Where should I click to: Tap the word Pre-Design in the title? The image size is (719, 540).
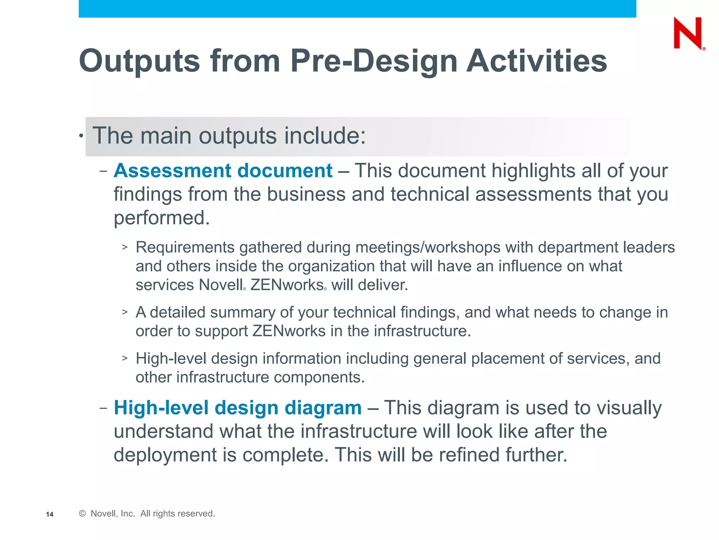click(x=374, y=61)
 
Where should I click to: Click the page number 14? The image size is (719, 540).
click(x=50, y=514)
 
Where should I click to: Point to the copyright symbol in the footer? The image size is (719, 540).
click(x=83, y=514)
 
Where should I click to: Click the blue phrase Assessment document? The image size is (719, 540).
click(x=223, y=171)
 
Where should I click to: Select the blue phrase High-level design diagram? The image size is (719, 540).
click(x=238, y=408)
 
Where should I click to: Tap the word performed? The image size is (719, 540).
click(x=161, y=218)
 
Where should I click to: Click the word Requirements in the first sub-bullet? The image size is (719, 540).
click(x=185, y=247)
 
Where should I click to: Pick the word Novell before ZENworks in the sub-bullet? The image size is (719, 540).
click(x=221, y=285)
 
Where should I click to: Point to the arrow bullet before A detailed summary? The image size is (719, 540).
click(x=125, y=312)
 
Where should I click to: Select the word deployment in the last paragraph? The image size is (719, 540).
click(x=165, y=455)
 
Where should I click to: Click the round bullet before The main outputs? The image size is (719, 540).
click(x=81, y=136)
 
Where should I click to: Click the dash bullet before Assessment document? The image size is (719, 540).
click(x=103, y=172)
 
